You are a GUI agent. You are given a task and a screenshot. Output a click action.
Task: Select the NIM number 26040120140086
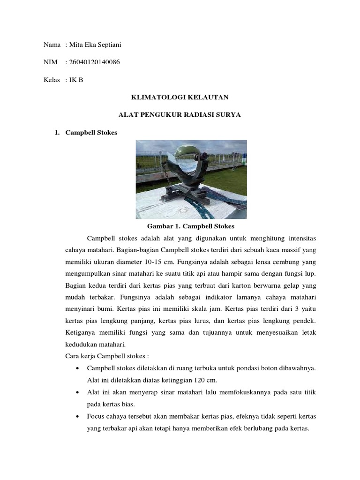point(93,62)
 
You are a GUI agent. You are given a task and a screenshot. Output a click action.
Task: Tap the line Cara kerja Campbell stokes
point(106,356)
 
